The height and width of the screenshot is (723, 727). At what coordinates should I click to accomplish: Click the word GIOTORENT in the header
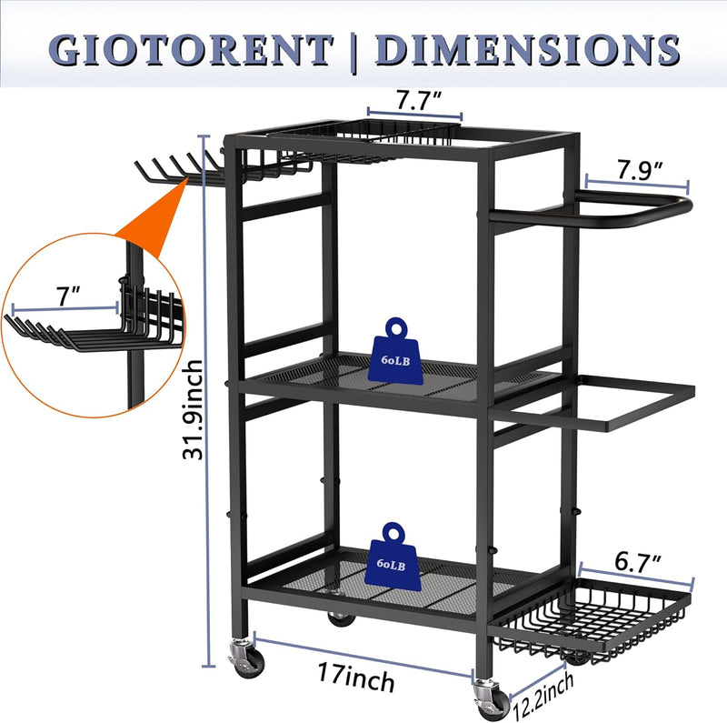191,50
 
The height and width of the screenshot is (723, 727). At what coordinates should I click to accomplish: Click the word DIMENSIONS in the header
527,49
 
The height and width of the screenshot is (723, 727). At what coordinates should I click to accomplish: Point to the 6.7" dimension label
638,561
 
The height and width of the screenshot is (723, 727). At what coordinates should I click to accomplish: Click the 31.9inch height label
193,410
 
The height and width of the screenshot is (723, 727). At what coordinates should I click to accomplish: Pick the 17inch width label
356,677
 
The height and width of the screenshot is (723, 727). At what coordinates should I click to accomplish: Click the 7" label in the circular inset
69,296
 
